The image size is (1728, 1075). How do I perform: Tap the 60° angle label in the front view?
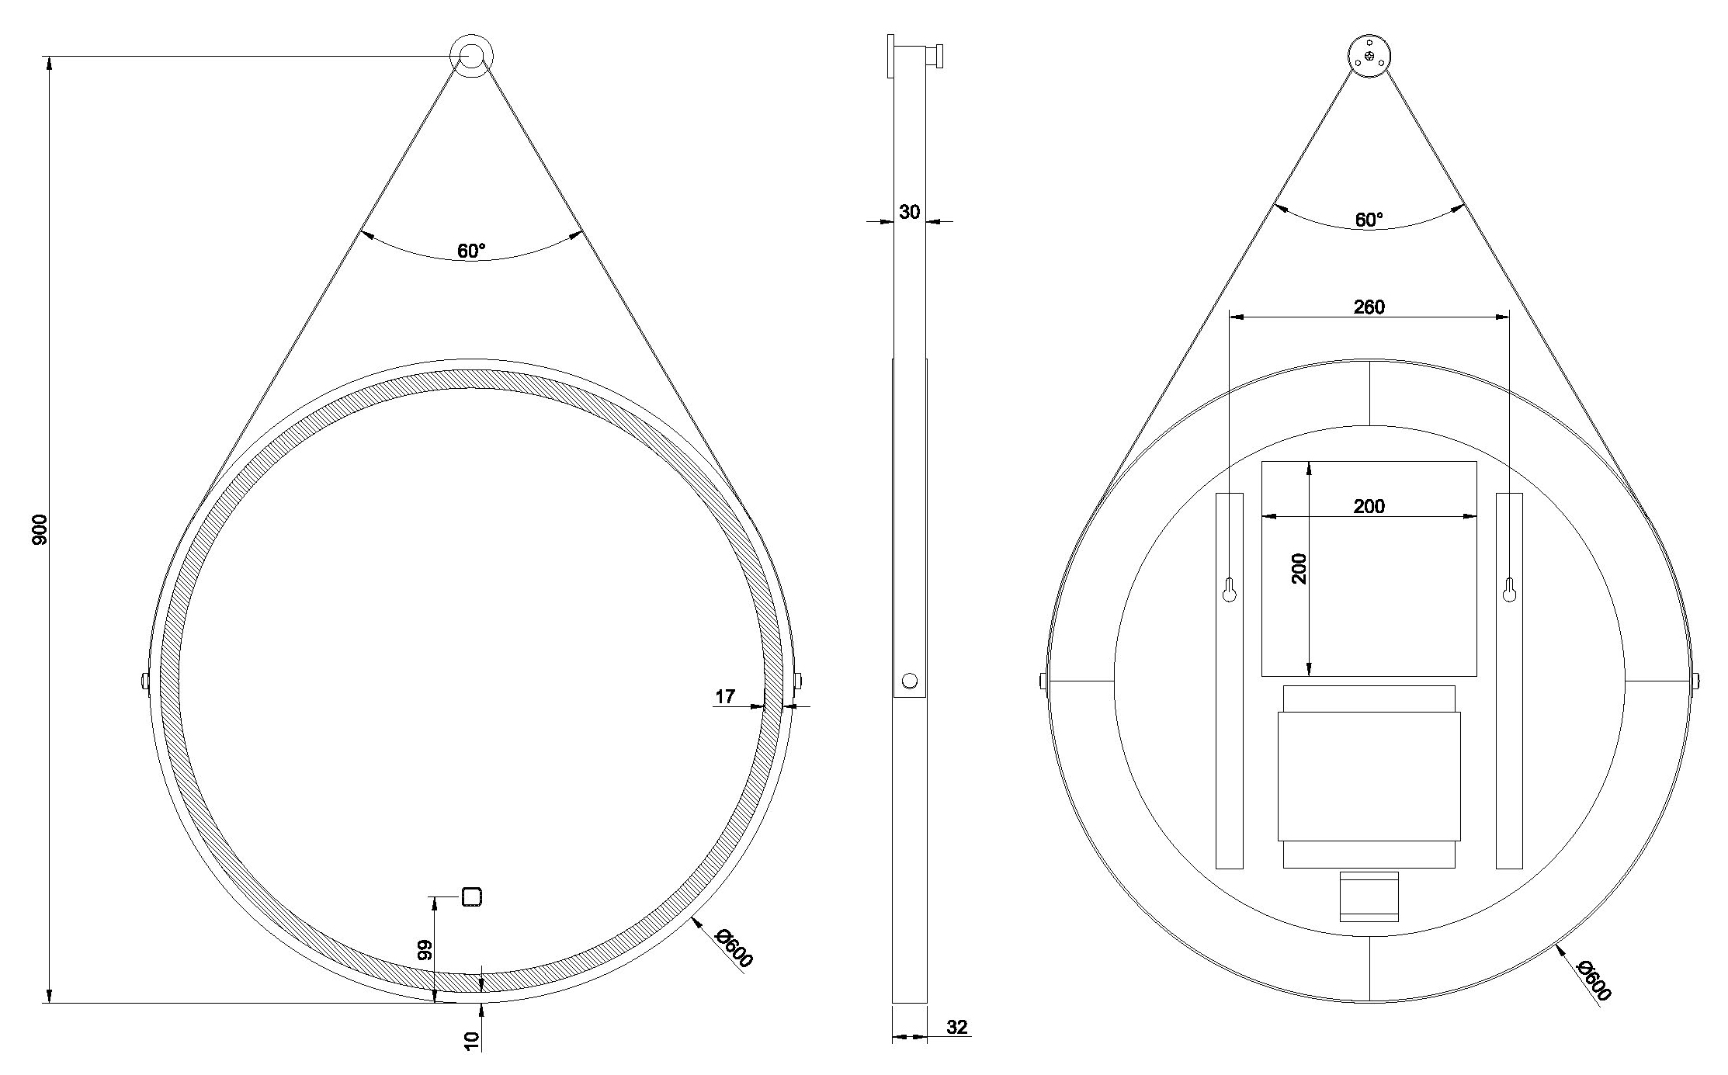[x=471, y=251]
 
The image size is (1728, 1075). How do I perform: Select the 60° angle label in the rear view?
[x=1369, y=220]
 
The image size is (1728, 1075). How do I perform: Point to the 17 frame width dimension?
[x=725, y=696]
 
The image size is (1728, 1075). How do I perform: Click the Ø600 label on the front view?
[x=734, y=948]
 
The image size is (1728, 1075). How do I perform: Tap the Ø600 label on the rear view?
[x=1594, y=981]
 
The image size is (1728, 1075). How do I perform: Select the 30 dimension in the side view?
[x=910, y=211]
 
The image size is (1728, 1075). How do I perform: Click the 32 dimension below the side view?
[x=957, y=1027]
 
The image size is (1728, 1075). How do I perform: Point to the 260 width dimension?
[x=1369, y=307]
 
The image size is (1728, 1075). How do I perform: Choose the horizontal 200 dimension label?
[x=1369, y=506]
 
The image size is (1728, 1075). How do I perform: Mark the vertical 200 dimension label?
[x=1299, y=568]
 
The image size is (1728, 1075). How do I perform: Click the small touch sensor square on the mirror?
[x=472, y=896]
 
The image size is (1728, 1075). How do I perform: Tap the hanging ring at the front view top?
[x=470, y=56]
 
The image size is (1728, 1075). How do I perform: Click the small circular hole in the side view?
[x=910, y=681]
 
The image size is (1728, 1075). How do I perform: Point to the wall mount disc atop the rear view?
[x=1369, y=56]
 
